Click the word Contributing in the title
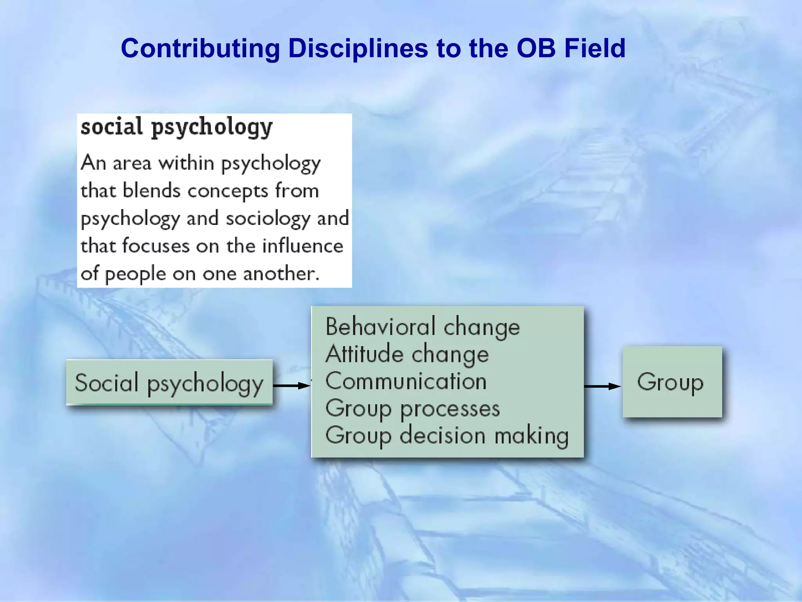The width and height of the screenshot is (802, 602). (x=200, y=49)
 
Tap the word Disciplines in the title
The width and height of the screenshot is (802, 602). (x=358, y=49)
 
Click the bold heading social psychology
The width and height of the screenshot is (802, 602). (x=176, y=127)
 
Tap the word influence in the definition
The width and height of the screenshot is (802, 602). (x=302, y=246)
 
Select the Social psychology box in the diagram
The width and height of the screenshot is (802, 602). (x=169, y=383)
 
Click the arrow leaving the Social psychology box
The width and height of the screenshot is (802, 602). (x=291, y=386)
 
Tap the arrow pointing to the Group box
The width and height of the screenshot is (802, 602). (x=602, y=386)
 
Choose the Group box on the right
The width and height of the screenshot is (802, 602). (x=672, y=382)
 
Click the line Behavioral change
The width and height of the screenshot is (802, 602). (x=422, y=327)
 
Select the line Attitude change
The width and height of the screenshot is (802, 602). (x=407, y=354)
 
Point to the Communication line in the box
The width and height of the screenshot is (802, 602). (x=406, y=381)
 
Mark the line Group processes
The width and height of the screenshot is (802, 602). (x=412, y=409)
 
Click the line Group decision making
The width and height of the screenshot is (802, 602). (x=446, y=436)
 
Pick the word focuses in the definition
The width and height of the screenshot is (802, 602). (x=156, y=246)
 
